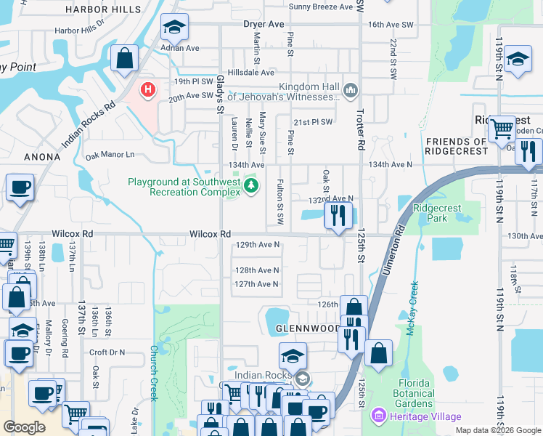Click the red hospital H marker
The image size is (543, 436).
pos(148,90)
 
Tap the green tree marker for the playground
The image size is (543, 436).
pos(251,187)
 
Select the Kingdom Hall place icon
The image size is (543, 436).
pos(351,90)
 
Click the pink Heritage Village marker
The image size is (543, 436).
pos(377,416)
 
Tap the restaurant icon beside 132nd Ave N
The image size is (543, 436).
pos(338,216)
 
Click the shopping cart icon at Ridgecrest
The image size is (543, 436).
pos(502,130)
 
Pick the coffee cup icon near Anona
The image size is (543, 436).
pos(20,188)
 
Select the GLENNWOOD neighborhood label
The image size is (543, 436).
pos(308,329)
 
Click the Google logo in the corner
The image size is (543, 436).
pos(24,427)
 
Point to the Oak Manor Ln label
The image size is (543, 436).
pos(110,155)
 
